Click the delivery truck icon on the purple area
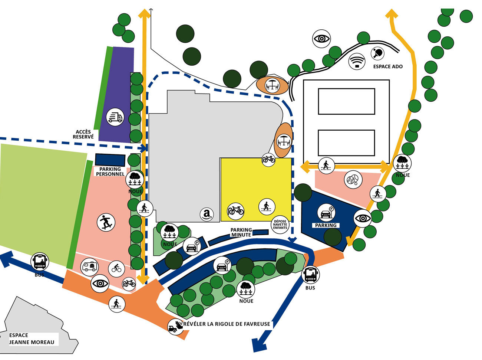tap(115, 117)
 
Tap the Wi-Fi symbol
tap(357, 61)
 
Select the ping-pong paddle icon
tap(379, 53)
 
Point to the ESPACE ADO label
tap(388, 66)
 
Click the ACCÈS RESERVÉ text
tap(83, 134)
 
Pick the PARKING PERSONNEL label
tap(110, 171)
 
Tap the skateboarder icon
tap(106, 222)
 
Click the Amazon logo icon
tap(207, 214)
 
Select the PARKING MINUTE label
tap(241, 232)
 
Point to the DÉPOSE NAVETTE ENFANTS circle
tap(280, 225)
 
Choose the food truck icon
tap(89, 266)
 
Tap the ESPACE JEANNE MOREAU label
tap(32, 339)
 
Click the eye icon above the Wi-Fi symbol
tap(321, 38)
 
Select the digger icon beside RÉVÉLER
tap(175, 327)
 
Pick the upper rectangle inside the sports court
tap(346, 101)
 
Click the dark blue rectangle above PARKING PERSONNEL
tap(110, 160)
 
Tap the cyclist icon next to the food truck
tap(116, 268)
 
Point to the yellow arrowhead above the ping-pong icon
tap(391, 14)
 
